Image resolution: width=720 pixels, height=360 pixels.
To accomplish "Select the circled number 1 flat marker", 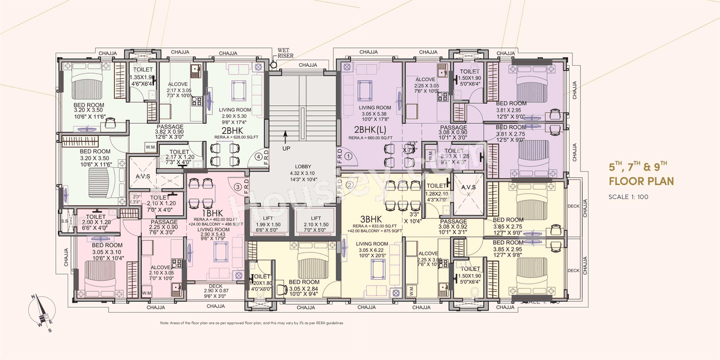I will click(348, 157).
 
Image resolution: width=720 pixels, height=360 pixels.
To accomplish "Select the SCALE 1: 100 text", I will click(631, 197).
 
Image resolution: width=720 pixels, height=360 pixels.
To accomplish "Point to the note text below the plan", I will click(251, 323).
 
